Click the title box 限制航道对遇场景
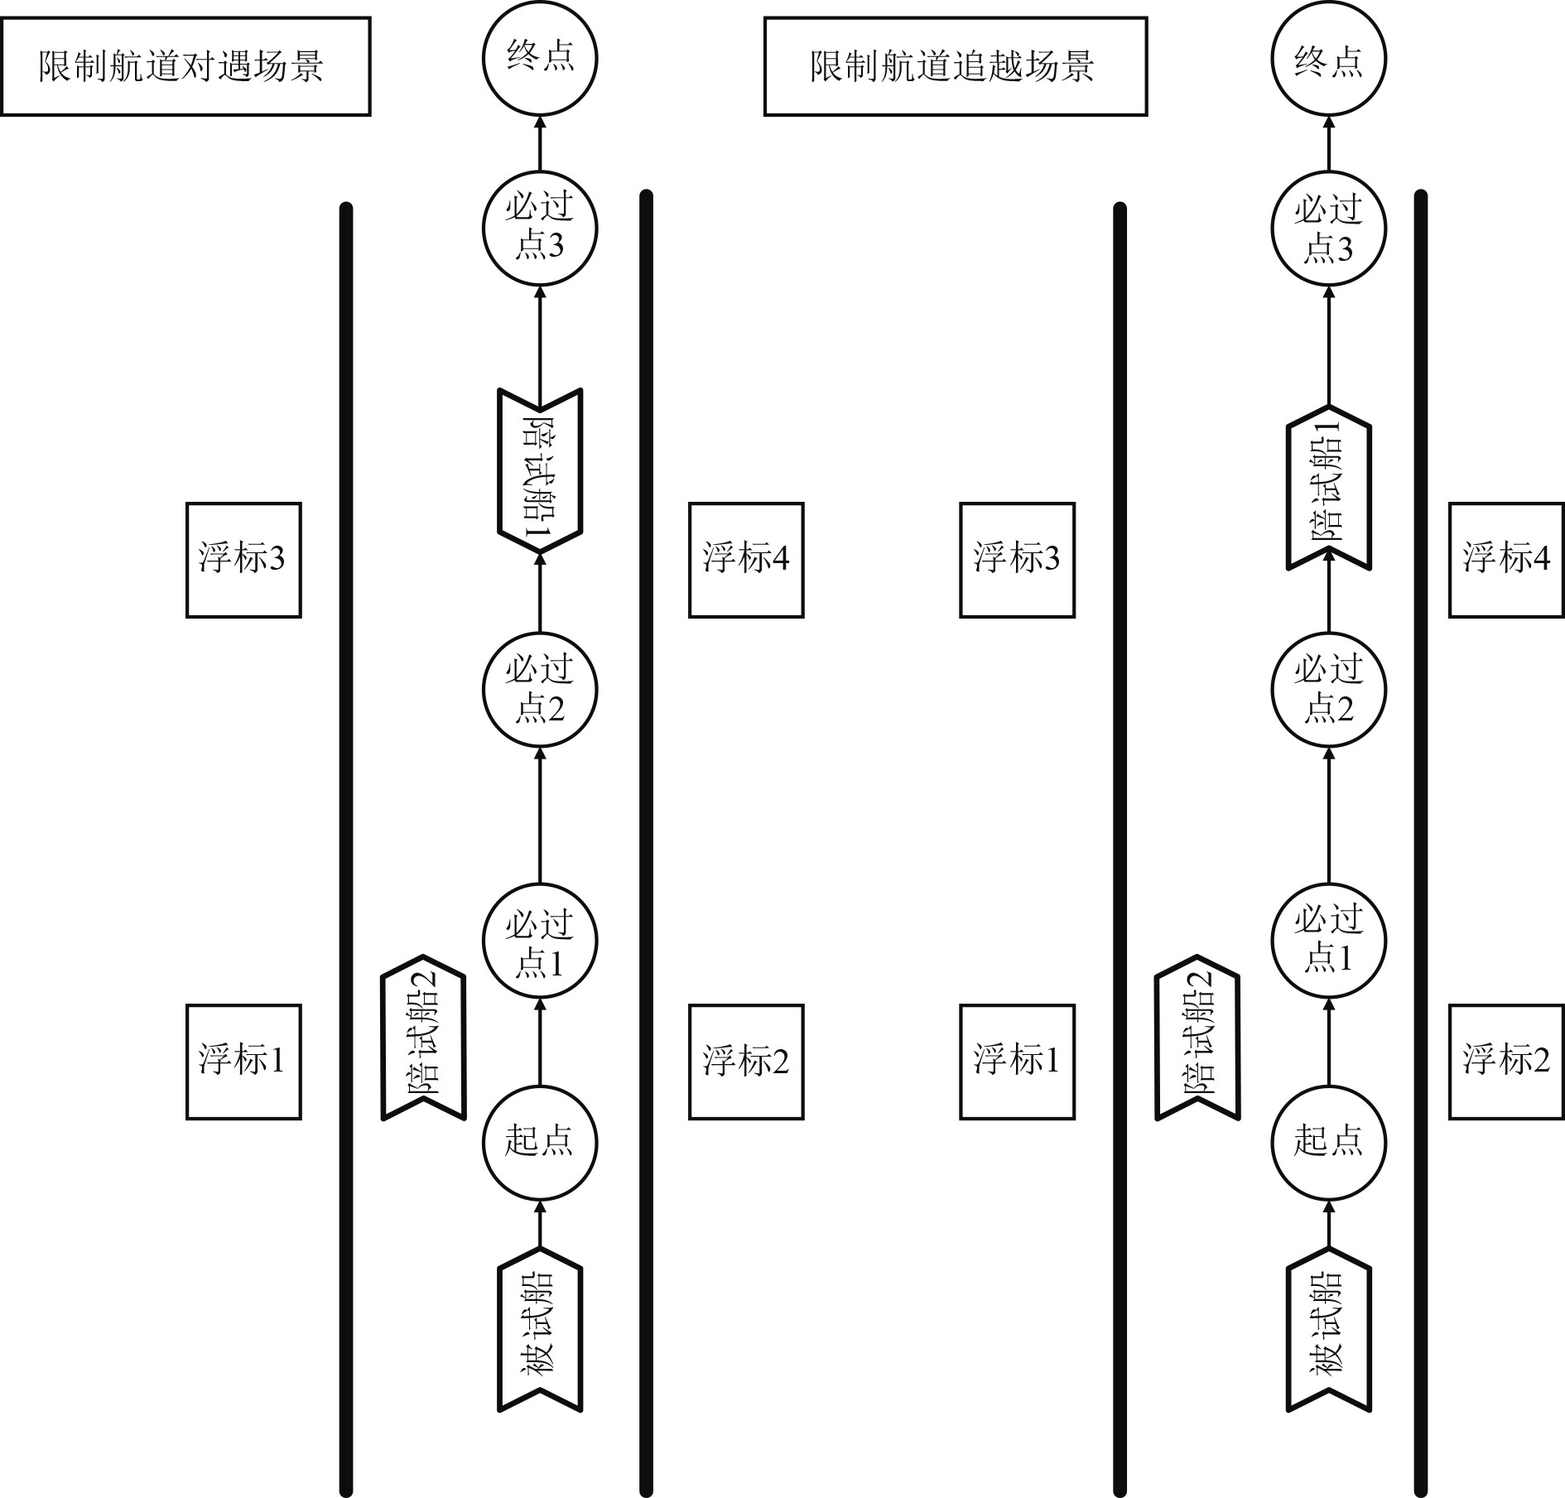[x=185, y=66]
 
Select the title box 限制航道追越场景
[x=955, y=66]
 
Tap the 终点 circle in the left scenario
[x=540, y=60]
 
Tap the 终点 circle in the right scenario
[x=1328, y=60]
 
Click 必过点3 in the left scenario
[x=540, y=228]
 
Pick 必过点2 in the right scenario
[x=1328, y=690]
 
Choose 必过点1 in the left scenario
[x=540, y=942]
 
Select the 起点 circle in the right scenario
[x=1328, y=1143]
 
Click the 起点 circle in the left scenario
[x=540, y=1143]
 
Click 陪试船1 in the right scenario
[x=1328, y=489]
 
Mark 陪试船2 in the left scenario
[x=423, y=1037]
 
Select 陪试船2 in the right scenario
[x=1197, y=1037]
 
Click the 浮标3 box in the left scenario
[x=243, y=560]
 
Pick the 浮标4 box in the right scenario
[x=1506, y=560]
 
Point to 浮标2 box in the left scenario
[x=746, y=1062]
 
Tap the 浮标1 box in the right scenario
[x=1017, y=1062]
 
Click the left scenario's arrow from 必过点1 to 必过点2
[x=540, y=816]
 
